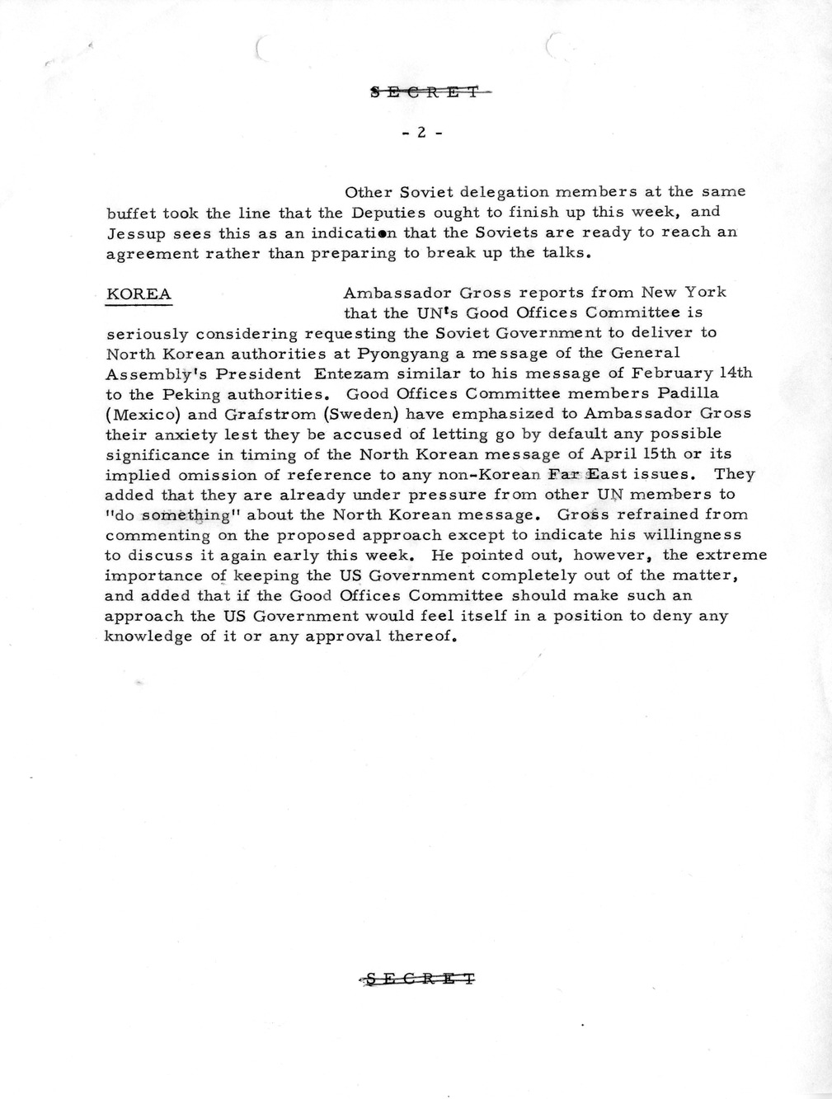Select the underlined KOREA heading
coord(139,294)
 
